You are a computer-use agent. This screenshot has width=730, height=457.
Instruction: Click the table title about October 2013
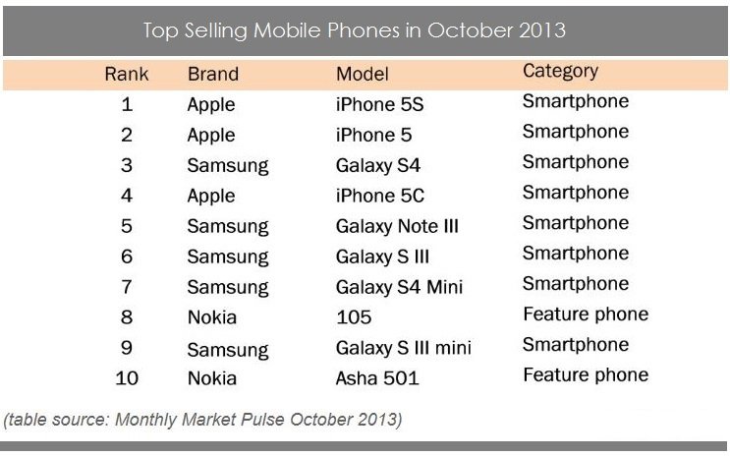tap(355, 29)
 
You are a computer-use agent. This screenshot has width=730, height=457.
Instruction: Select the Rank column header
tap(126, 74)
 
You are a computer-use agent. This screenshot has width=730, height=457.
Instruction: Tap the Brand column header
tap(212, 74)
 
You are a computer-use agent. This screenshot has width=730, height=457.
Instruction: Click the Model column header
tap(363, 74)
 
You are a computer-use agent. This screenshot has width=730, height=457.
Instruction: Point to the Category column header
tap(560, 71)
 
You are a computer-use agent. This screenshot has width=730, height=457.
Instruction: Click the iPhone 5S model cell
tap(379, 104)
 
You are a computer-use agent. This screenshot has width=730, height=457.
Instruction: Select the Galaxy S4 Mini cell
tap(399, 287)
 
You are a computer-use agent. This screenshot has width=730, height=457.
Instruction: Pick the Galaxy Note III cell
tap(397, 226)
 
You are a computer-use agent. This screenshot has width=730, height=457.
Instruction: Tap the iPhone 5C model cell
tap(380, 196)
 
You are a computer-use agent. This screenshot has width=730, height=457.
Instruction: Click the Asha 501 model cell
tap(377, 378)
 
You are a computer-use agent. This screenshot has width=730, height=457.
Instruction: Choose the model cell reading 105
tap(354, 316)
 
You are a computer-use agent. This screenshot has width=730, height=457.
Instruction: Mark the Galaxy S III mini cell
tap(403, 348)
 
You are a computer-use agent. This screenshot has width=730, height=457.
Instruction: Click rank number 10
tap(126, 378)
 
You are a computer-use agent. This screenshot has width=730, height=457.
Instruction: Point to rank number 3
tap(126, 165)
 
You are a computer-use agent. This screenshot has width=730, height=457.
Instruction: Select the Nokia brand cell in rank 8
tap(211, 316)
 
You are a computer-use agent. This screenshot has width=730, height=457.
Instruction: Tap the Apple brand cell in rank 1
tap(211, 104)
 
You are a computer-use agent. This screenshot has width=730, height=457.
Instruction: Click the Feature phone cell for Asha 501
tap(586, 374)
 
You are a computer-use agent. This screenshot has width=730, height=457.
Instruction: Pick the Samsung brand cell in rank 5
tap(228, 226)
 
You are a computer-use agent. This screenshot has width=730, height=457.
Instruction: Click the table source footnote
tap(202, 420)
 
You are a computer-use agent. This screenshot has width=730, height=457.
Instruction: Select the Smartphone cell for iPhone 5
tap(576, 132)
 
